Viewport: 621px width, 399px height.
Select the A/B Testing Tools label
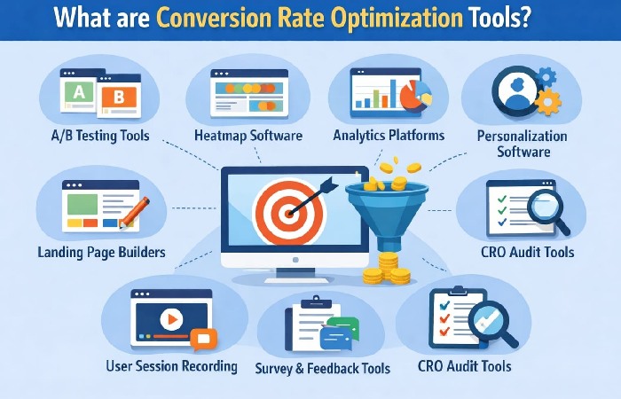pos(100,137)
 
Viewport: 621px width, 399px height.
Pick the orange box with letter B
pos(119,98)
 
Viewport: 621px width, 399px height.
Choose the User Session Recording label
pos(171,365)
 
